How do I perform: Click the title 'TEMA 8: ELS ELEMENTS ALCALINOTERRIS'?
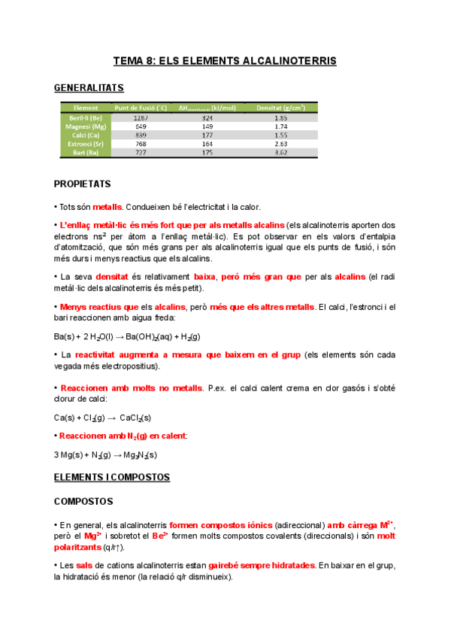(225, 59)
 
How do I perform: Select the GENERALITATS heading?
(89, 88)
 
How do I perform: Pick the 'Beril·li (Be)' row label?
(85, 118)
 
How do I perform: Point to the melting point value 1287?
(140, 118)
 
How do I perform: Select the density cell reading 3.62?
(280, 152)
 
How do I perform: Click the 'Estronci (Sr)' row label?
(85, 144)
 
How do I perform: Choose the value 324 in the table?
(207, 118)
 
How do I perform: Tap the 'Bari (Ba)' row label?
(85, 152)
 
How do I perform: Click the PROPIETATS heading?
(83, 184)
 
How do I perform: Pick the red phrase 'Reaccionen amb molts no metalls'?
(132, 388)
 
